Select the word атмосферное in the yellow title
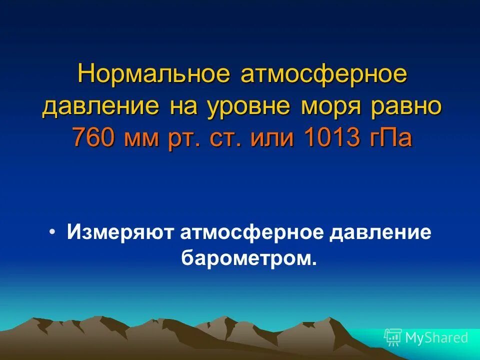click(325, 76)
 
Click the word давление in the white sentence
click(379, 233)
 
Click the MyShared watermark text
click(436, 338)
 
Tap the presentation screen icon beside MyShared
click(393, 337)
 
